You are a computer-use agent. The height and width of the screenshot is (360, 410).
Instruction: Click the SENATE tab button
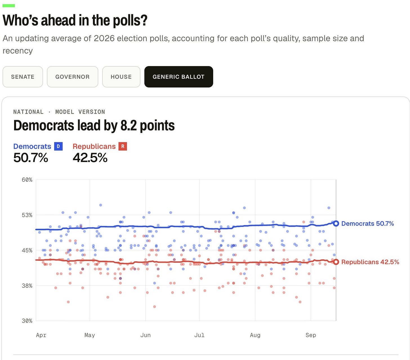point(23,77)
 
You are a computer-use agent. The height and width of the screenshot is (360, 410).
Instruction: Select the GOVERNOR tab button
point(72,77)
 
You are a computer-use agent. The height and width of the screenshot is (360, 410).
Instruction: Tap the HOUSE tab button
point(121,77)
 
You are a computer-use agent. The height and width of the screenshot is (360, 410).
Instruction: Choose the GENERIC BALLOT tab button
point(179,77)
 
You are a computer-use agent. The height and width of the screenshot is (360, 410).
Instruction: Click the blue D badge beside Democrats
point(58,146)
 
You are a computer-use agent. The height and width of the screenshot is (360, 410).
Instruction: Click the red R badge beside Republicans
point(123,146)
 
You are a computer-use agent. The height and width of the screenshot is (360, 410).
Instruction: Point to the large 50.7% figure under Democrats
point(31,158)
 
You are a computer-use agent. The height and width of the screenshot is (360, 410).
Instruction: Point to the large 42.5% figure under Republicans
point(90,158)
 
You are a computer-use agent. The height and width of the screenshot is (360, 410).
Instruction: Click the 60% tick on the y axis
point(27,180)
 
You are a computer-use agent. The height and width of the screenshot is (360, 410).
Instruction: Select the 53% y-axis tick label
point(27,215)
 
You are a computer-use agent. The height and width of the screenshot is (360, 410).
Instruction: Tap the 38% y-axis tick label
point(27,286)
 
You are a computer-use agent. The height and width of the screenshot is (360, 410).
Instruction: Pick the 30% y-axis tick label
point(27,321)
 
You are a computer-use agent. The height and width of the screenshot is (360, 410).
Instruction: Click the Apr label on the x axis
point(41,335)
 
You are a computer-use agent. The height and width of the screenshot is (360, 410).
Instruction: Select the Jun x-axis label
point(146,335)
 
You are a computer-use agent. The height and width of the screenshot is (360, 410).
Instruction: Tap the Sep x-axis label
point(311,335)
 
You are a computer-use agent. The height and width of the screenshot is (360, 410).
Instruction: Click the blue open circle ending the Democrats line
point(336,223)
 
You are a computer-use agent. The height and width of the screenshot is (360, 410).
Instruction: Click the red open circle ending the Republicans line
point(336,262)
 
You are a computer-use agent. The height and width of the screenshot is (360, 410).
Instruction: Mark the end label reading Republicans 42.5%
point(370,262)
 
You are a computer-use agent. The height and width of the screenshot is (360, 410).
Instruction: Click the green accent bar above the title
point(9,6)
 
